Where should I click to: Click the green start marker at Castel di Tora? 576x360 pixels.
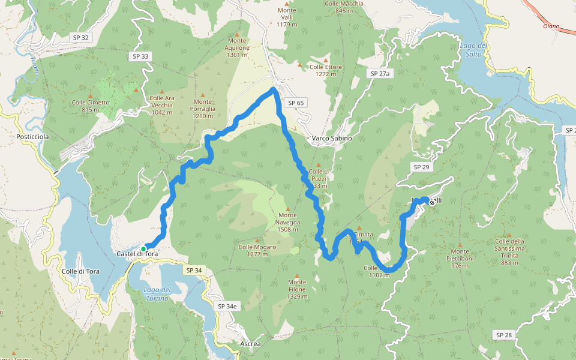coord(143,248)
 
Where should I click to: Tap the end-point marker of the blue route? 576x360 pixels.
coord(432,203)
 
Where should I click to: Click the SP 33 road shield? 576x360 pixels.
coord(140,56)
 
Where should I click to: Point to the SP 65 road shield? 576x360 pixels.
coord(296,103)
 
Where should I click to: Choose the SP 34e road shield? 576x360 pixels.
coord(227,306)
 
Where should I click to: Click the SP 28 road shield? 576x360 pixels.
coord(503,334)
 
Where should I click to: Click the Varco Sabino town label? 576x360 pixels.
coord(332,138)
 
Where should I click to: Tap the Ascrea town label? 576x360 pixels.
coord(250,344)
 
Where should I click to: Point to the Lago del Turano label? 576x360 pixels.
coord(158,294)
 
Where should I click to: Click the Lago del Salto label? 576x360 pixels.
coord(472,50)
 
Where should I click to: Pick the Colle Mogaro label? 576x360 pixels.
coord(257,250)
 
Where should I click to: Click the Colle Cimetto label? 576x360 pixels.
coord(91,106)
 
